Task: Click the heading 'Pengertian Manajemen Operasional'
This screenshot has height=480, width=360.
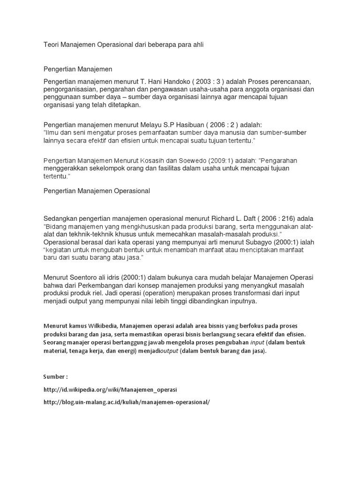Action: coord(97,191)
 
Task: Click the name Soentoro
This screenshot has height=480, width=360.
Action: coord(85,277)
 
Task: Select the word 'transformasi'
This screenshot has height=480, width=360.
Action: coord(236,293)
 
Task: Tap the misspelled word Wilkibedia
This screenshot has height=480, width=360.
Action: coord(105,326)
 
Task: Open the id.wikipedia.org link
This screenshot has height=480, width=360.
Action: coord(111,390)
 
